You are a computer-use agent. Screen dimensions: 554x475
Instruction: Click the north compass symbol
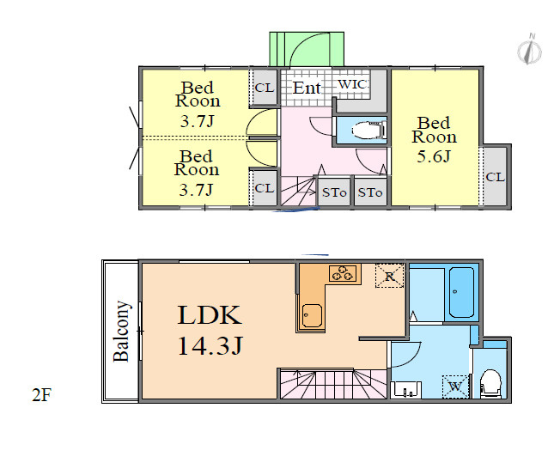click(529, 50)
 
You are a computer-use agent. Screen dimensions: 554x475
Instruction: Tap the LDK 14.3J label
click(210, 330)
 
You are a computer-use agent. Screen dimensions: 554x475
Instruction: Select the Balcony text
click(122, 332)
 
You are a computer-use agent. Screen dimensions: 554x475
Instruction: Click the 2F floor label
click(42, 395)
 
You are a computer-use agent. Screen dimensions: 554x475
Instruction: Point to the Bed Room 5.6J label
click(435, 140)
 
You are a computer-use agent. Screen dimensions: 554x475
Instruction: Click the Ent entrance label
click(307, 88)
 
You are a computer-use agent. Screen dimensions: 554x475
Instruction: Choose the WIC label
click(352, 84)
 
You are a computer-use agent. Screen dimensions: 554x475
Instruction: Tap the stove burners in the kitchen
click(343, 273)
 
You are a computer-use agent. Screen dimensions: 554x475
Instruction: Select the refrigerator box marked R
click(389, 276)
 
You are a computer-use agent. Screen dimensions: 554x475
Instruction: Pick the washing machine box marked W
click(456, 387)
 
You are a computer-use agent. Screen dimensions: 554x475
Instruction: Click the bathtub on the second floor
click(461, 292)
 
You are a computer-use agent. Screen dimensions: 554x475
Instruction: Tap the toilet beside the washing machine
click(490, 384)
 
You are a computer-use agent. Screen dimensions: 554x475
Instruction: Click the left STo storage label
click(334, 192)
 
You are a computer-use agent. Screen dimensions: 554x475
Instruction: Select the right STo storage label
click(370, 192)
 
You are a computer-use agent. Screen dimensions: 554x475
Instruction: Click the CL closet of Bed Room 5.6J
click(496, 177)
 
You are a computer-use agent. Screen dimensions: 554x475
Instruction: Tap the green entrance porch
click(307, 49)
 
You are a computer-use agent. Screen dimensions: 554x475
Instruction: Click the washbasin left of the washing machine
click(406, 389)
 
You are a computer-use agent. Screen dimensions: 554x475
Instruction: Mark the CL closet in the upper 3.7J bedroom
click(265, 88)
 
